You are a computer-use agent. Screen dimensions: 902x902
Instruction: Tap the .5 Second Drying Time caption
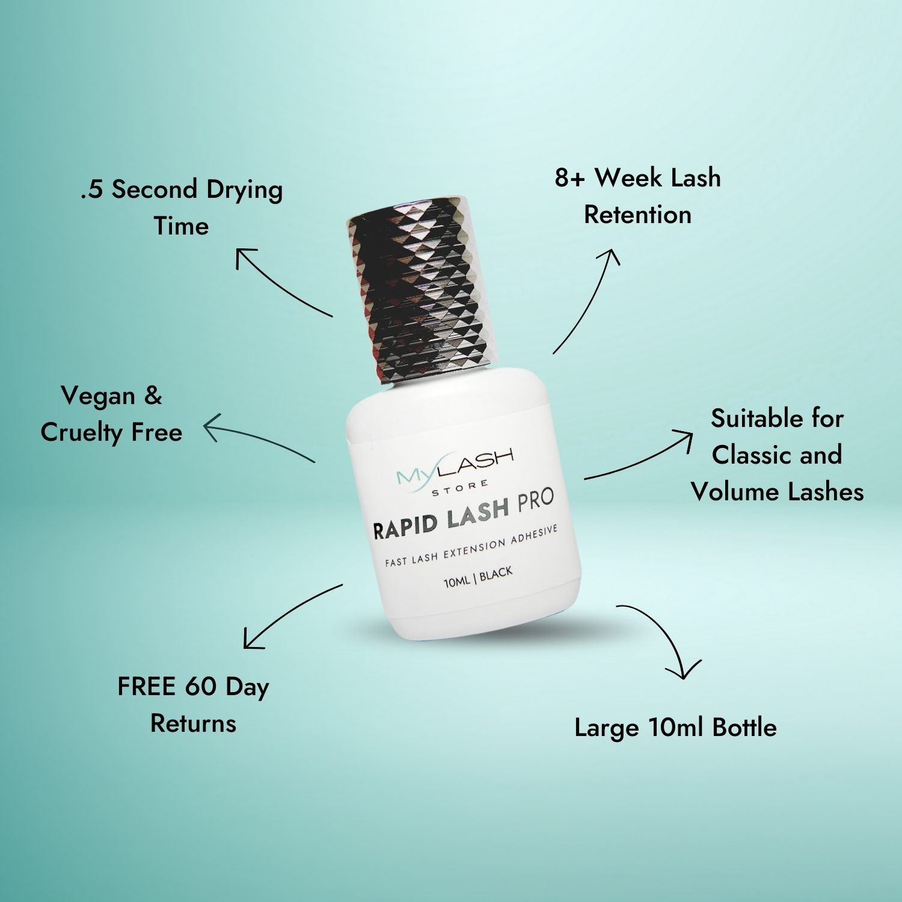click(182, 207)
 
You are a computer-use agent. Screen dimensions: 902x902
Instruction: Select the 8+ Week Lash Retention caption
click(637, 196)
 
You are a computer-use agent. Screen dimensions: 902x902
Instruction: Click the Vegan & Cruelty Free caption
click(112, 414)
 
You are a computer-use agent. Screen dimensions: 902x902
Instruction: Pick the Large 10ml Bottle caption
click(675, 727)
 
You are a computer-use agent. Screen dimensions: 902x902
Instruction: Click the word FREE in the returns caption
click(146, 687)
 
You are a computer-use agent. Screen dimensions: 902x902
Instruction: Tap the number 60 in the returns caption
click(201, 687)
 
